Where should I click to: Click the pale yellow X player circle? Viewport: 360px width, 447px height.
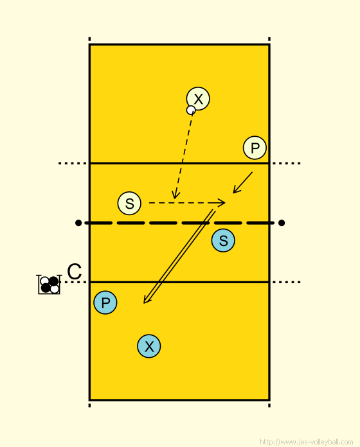198,99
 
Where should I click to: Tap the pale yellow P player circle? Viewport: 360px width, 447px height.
255,148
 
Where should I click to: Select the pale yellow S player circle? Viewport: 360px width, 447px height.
129,203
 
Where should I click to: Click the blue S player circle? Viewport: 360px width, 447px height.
223,240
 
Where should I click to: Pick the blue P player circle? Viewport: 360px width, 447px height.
105,302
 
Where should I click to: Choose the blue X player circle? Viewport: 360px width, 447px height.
149,346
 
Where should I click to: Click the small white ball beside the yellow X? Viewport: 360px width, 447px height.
191,110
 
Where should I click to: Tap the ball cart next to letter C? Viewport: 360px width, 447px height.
49,285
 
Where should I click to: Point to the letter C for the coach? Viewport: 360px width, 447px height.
75,272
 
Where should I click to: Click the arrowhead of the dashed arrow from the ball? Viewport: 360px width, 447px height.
175,195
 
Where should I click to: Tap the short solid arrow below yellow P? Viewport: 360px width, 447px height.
242,183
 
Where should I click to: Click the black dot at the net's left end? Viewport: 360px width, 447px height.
78,223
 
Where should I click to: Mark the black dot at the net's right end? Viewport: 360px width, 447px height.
282,223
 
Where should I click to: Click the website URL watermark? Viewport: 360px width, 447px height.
307,442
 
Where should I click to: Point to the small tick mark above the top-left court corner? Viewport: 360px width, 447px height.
89,39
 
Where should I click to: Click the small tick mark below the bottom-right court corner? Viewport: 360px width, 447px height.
269,405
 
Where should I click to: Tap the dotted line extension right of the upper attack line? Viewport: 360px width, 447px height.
286,163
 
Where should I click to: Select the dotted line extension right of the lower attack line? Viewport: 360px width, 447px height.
286,282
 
